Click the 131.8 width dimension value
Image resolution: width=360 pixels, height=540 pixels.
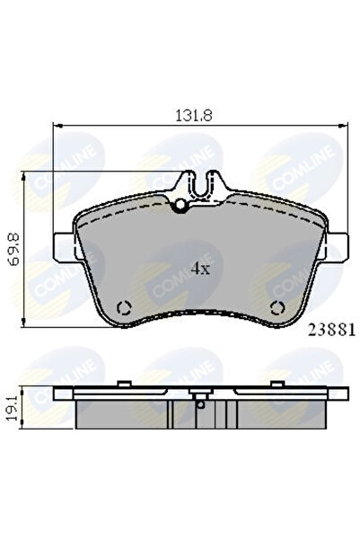tap(194, 115)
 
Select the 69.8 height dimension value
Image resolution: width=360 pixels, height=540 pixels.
tap(14, 250)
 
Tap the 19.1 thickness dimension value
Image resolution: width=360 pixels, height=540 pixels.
tap(13, 408)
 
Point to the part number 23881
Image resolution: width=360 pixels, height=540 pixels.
tap(331, 331)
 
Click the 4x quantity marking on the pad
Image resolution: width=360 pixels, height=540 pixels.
tap(200, 269)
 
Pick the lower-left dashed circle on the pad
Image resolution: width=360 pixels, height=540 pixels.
tap(124, 307)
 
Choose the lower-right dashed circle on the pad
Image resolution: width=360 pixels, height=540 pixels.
tap(277, 307)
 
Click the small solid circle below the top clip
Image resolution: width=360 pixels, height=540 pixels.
tap(180, 205)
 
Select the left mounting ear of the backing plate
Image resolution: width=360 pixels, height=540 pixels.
tap(65, 247)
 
